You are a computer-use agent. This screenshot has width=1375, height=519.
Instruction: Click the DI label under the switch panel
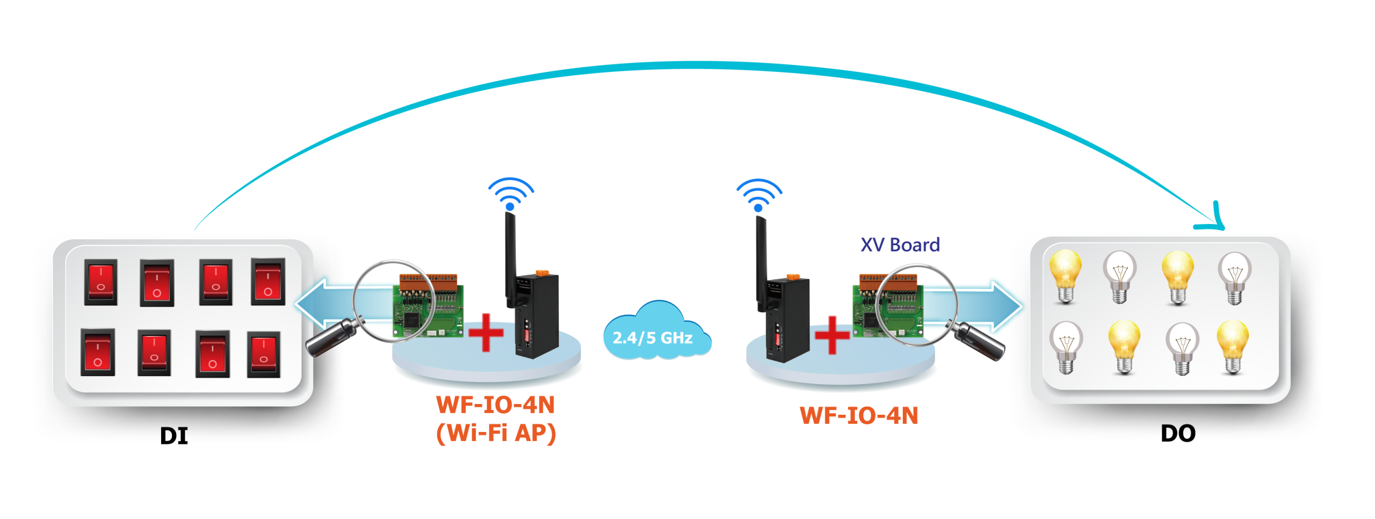(174, 436)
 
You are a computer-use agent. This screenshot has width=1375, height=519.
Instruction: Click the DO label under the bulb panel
(1178, 434)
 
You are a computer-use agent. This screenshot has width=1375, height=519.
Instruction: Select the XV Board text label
(900, 245)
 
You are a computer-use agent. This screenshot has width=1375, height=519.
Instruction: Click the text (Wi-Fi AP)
(496, 433)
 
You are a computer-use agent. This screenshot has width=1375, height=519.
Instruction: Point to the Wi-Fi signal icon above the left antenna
(510, 194)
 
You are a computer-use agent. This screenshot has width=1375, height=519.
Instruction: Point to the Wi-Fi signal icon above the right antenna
(758, 195)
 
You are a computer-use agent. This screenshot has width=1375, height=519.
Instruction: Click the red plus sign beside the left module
(486, 333)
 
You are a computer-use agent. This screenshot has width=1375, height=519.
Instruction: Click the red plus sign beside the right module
(832, 335)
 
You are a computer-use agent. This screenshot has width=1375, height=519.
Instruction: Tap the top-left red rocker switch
(101, 282)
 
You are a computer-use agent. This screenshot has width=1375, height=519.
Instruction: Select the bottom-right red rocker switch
(264, 355)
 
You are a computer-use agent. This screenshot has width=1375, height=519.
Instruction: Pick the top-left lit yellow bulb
(1065, 275)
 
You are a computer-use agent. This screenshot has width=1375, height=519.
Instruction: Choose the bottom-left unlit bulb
(1066, 347)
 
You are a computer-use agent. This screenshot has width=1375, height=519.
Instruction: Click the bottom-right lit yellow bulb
(1233, 345)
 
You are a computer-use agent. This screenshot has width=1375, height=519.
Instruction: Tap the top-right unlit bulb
(1234, 277)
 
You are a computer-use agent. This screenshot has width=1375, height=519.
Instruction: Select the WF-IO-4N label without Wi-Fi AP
(859, 415)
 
